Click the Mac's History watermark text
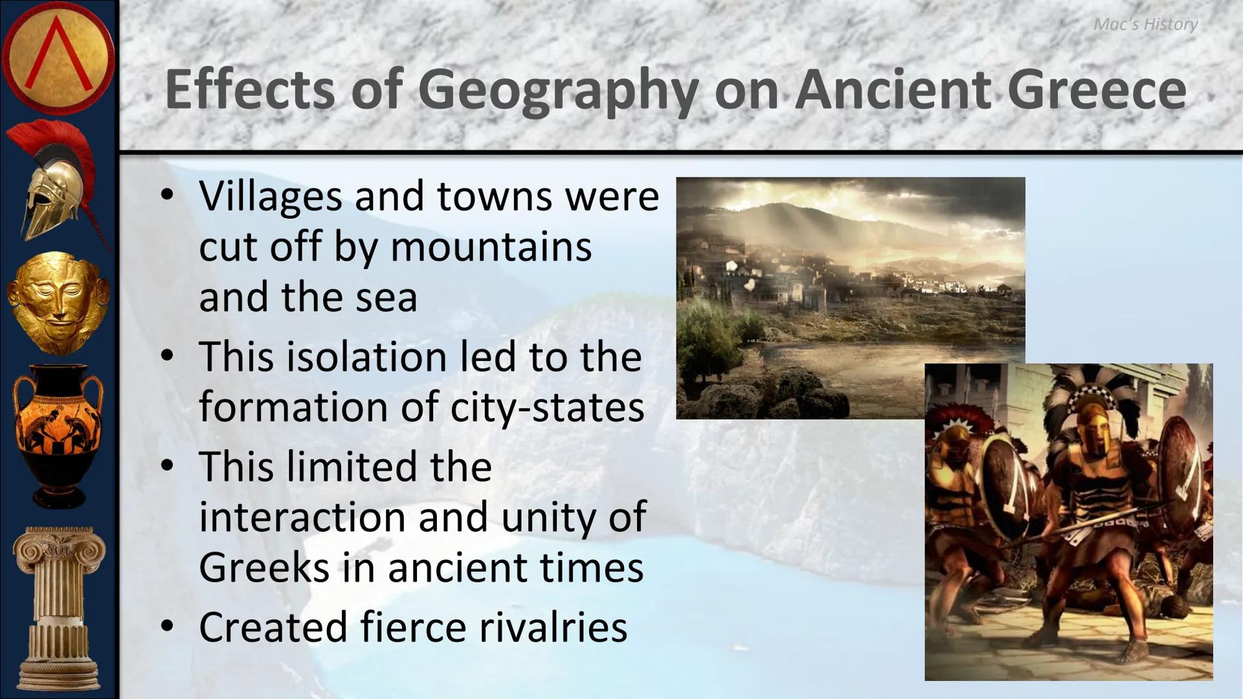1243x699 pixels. pos(1145,25)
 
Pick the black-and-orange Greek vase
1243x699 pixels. pos(58,434)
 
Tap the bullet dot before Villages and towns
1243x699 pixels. pos(168,195)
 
